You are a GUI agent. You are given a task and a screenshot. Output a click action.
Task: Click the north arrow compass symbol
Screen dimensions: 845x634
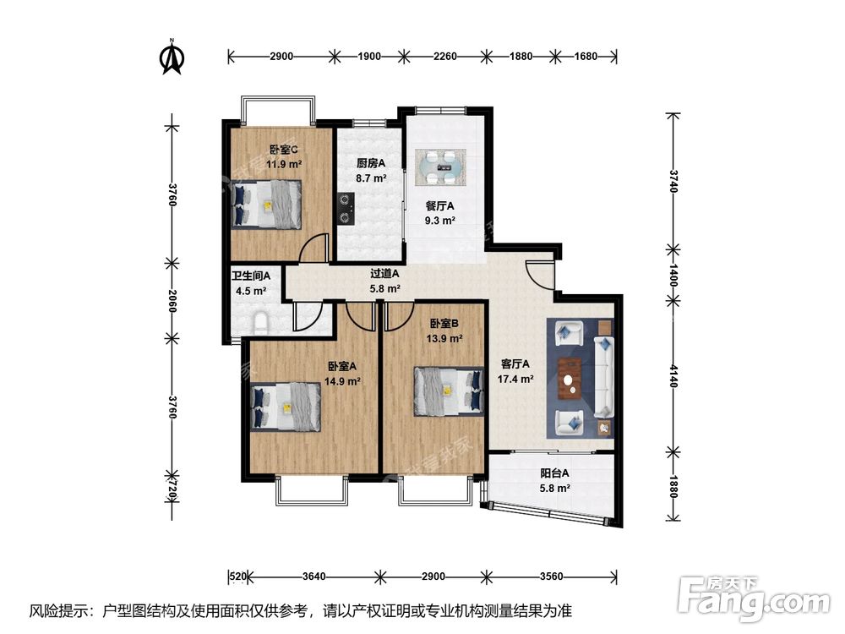(x=172, y=56)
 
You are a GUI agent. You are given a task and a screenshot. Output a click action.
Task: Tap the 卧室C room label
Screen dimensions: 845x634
(x=284, y=150)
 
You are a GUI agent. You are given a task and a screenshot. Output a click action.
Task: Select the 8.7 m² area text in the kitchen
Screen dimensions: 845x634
(x=371, y=178)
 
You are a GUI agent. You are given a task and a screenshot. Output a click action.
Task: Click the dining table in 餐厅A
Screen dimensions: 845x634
(x=440, y=167)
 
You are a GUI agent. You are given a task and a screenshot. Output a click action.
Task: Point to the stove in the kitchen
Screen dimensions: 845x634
(x=346, y=209)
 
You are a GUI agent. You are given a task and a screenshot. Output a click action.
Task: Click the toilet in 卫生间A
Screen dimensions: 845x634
(x=261, y=321)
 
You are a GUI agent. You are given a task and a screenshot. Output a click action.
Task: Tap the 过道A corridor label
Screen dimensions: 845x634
(x=384, y=274)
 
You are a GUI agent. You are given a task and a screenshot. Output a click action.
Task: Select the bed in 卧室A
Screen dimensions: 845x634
(x=286, y=407)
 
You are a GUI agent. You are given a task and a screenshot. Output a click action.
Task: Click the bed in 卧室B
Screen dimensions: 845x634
(x=449, y=392)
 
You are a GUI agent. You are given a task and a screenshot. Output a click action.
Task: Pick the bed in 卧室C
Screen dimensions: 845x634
(x=266, y=205)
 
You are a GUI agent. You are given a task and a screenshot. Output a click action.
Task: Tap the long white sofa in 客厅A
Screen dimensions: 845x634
(x=604, y=377)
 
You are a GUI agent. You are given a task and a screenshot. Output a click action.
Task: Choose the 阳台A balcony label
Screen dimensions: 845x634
(x=554, y=473)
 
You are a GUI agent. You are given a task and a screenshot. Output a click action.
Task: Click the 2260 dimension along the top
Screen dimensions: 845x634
(x=445, y=56)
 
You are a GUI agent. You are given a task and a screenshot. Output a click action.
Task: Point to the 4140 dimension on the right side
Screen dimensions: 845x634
(x=673, y=375)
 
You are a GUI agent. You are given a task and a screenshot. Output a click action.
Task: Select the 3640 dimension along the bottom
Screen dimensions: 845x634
(x=313, y=577)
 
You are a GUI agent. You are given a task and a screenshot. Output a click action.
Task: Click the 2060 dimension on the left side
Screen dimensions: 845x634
(x=172, y=300)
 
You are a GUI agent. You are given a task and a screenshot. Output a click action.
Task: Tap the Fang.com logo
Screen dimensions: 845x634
(x=754, y=596)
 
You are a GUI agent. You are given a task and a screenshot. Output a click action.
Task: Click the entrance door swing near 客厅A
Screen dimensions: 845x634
(x=539, y=275)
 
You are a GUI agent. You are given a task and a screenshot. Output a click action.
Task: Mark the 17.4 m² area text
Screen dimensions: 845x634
(x=515, y=379)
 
